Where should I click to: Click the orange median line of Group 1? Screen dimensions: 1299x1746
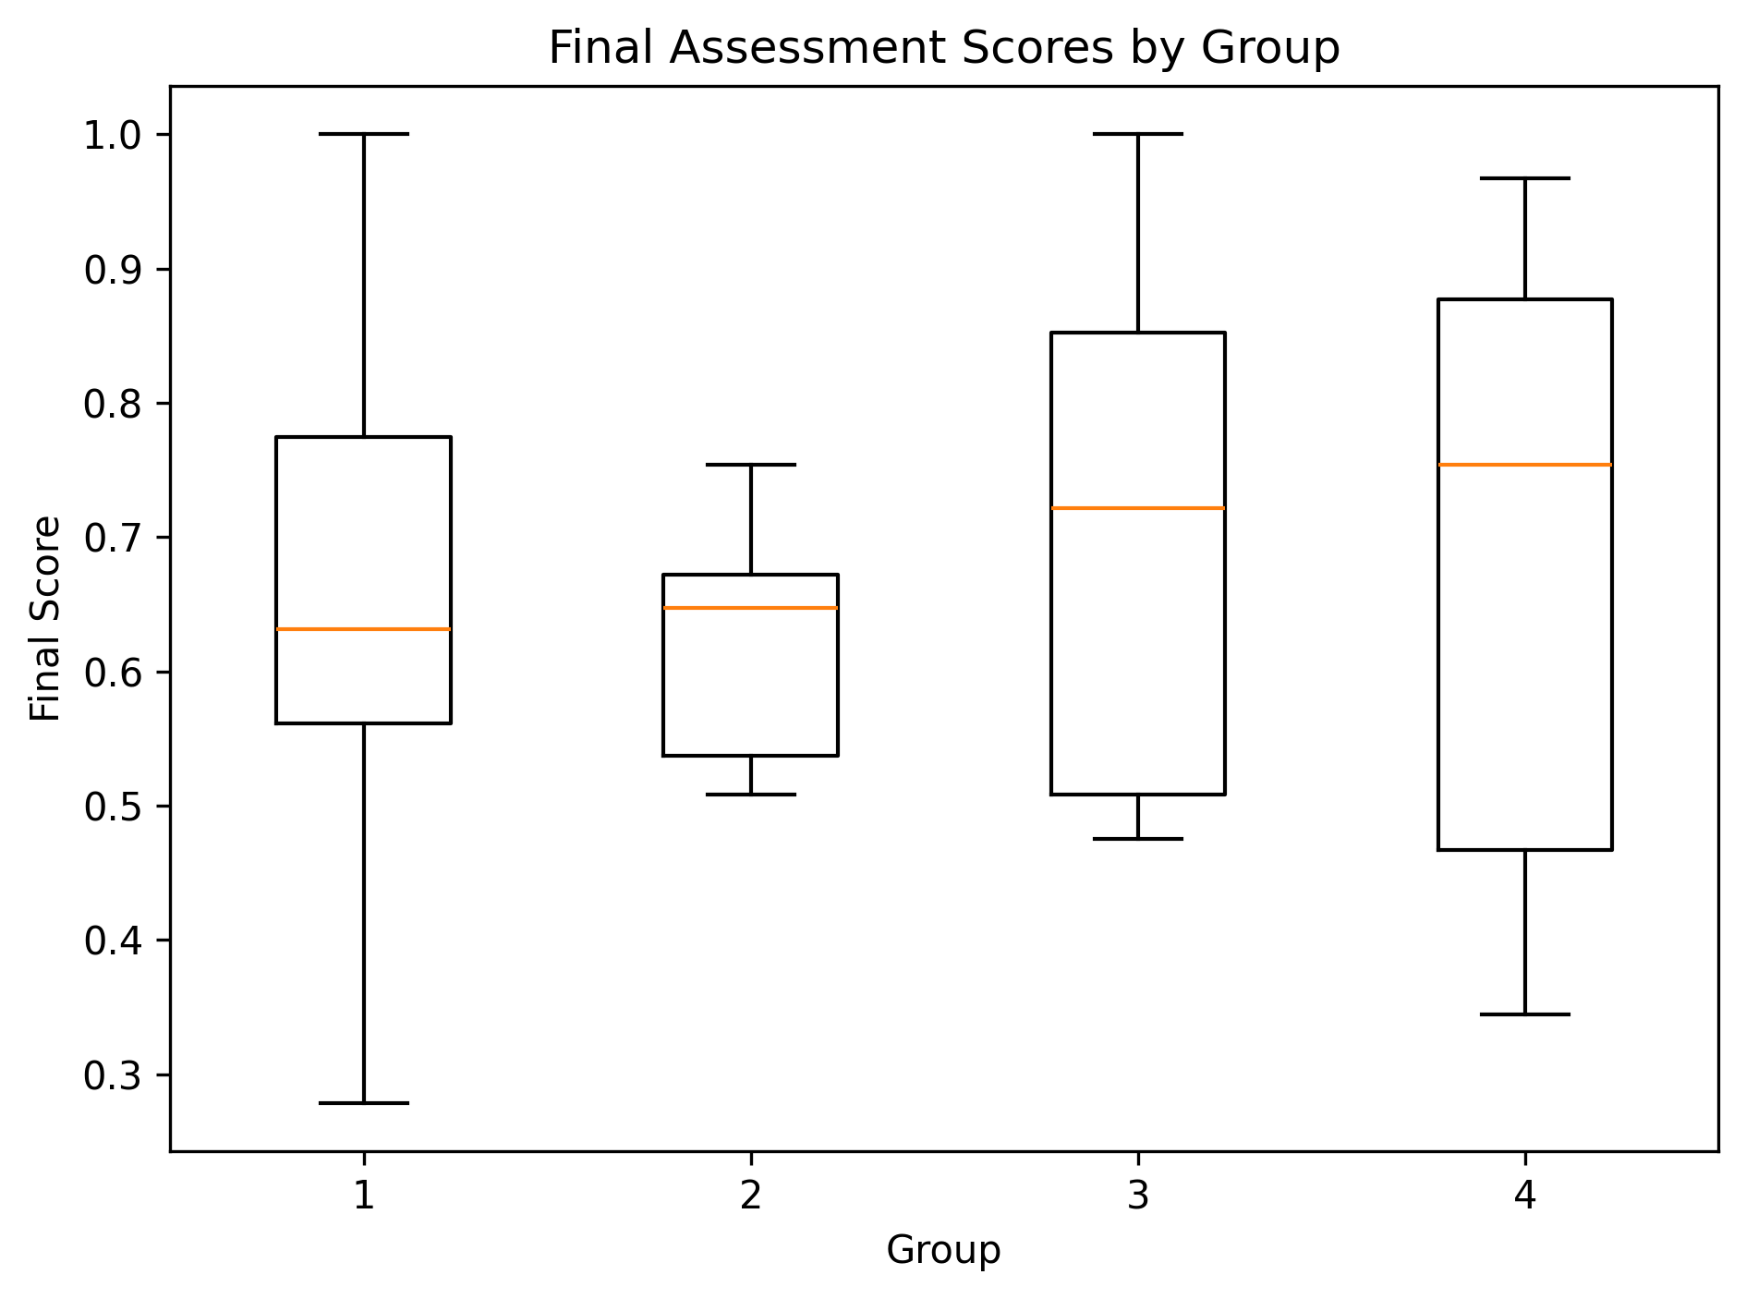364,629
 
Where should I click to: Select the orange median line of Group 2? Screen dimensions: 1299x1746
750,608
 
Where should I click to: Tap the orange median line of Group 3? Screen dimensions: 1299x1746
1137,508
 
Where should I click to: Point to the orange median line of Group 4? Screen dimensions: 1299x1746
1524,465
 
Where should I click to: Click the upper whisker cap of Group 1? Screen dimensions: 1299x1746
364,134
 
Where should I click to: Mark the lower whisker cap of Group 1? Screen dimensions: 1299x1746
364,1103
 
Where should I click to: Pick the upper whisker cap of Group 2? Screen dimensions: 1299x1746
750,465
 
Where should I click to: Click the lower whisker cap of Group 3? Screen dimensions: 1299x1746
1137,839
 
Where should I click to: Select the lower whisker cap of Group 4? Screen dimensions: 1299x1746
1524,1014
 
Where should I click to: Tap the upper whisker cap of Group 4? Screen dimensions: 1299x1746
1524,177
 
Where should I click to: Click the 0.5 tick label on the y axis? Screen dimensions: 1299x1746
114,807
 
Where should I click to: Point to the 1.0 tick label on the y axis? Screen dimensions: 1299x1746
114,136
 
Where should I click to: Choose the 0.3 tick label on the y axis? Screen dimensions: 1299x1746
114,1076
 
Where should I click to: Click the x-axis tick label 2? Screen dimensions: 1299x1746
750,1196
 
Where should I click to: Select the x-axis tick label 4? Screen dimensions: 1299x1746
1524,1196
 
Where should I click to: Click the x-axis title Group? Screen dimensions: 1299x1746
943,1251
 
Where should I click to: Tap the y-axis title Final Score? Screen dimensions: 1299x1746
45,618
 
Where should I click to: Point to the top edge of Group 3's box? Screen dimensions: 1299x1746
1137,333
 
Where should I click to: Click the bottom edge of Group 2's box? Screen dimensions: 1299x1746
750,756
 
